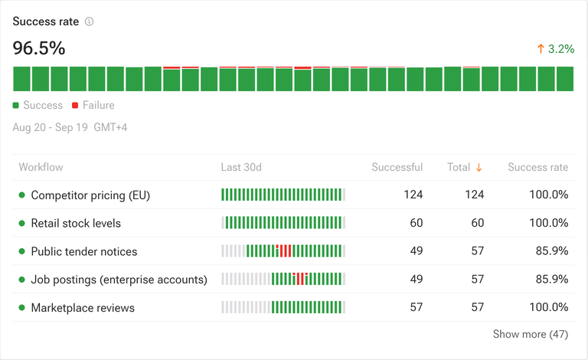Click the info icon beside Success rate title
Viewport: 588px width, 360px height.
(90, 21)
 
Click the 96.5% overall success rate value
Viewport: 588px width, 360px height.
(39, 48)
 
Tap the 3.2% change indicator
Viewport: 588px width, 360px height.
(555, 49)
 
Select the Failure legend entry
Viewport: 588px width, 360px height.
(93, 105)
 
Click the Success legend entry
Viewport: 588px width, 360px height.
(38, 105)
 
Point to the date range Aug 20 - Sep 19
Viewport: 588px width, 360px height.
(51, 127)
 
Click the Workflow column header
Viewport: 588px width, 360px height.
(41, 167)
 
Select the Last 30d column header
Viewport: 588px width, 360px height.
(241, 167)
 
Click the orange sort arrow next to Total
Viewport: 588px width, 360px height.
(479, 168)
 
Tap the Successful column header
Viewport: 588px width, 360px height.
(397, 167)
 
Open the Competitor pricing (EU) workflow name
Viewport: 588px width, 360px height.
(90, 195)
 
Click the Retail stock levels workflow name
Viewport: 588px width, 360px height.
(76, 223)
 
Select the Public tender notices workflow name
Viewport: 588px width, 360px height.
(84, 251)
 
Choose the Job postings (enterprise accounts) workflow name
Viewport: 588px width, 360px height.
(119, 280)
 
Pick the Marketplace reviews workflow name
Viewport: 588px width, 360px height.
(83, 308)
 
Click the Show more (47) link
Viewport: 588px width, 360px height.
(531, 334)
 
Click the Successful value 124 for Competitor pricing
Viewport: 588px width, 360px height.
(413, 195)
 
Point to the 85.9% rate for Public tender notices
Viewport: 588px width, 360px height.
(552, 251)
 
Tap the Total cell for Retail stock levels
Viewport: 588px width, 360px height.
(478, 223)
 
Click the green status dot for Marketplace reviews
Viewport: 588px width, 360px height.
(21, 307)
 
